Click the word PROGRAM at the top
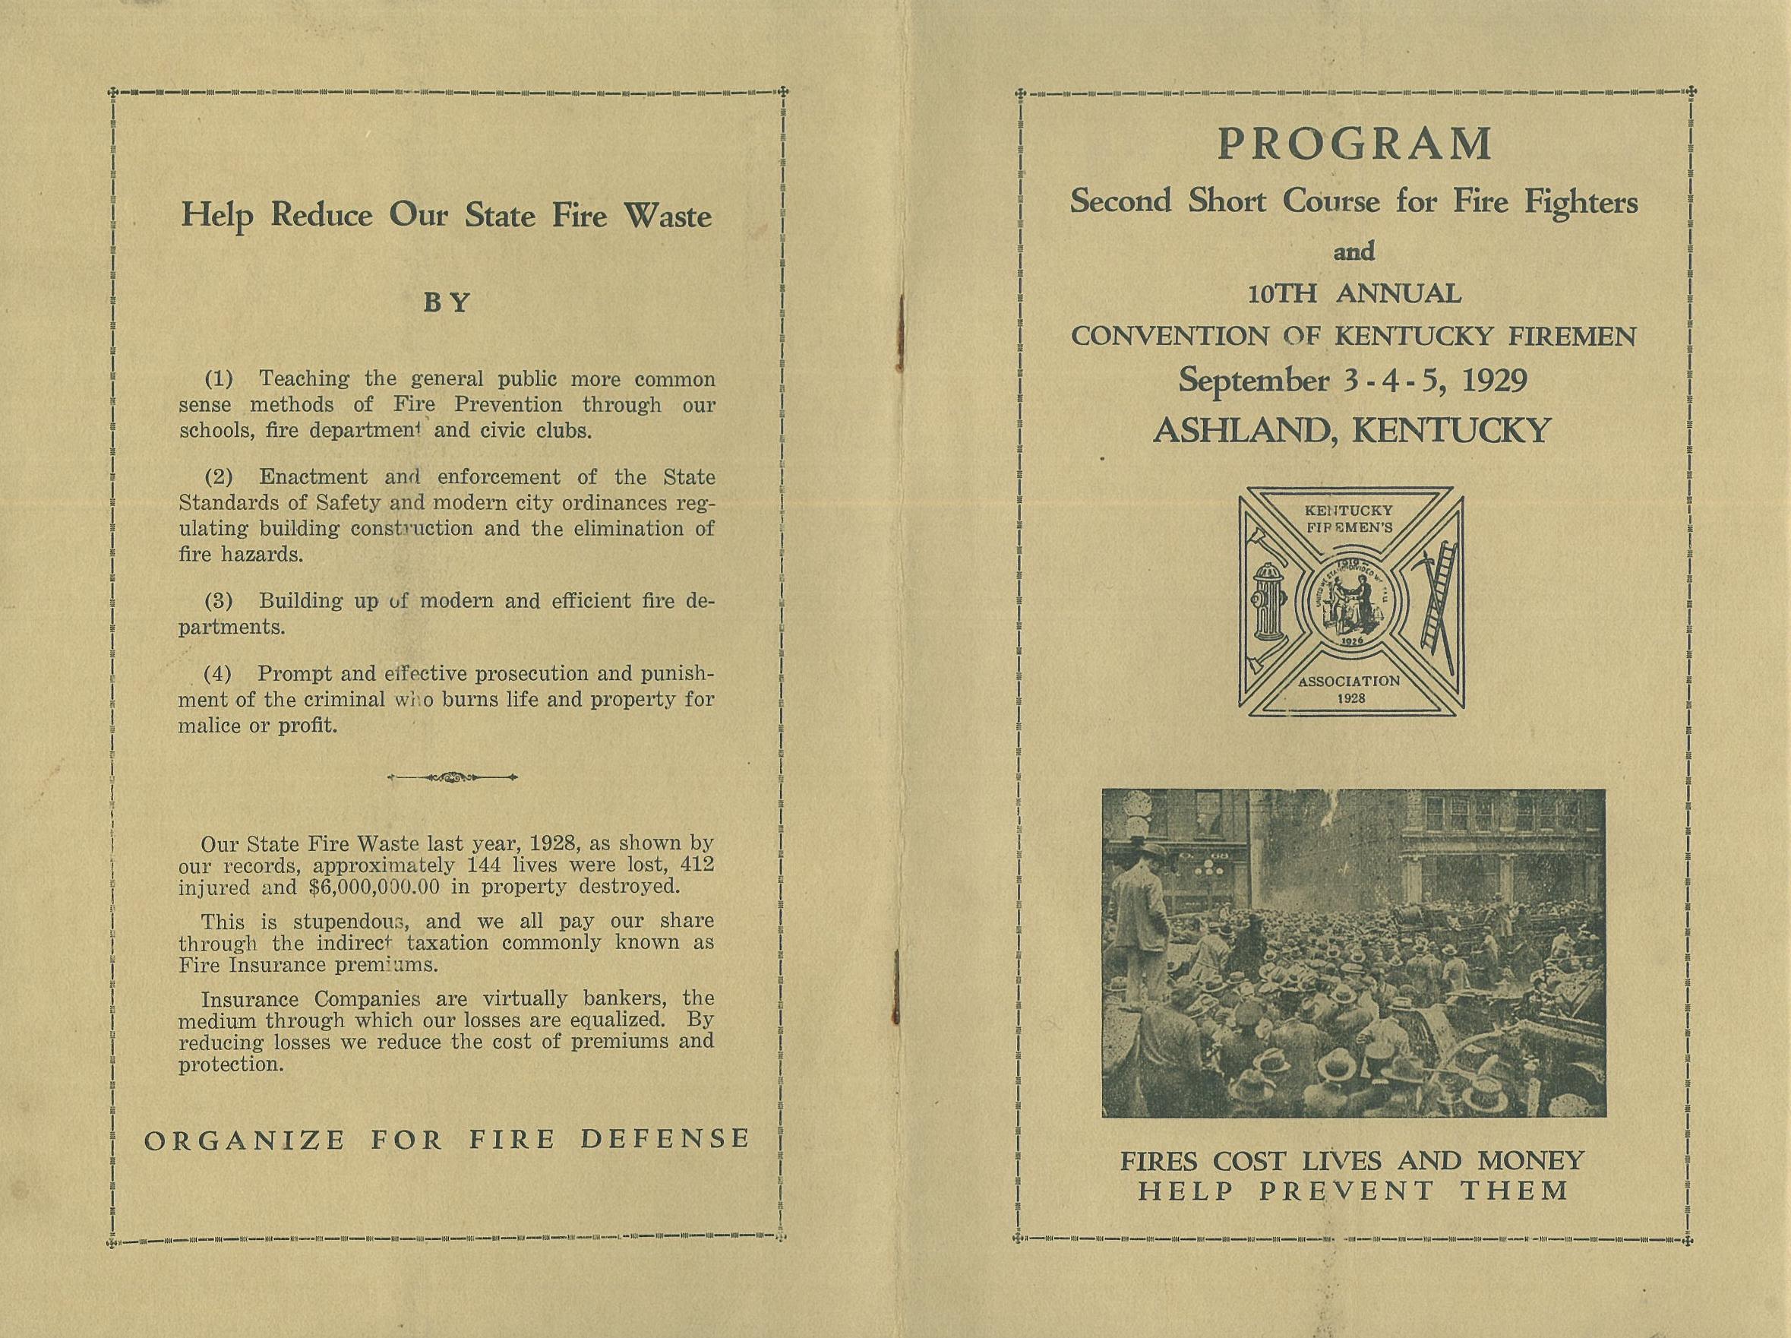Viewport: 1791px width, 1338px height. click(1354, 145)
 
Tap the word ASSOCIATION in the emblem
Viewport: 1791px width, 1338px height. click(1349, 681)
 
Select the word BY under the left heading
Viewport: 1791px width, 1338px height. click(447, 303)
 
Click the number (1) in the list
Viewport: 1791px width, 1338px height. click(218, 379)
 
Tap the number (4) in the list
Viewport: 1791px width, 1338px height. click(217, 674)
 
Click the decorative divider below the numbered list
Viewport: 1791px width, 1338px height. click(453, 777)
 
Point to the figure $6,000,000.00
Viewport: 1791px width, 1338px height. click(374, 886)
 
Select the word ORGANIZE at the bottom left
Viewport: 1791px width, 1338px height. click(245, 1140)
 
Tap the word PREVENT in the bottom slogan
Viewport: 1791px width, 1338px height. click(1347, 1191)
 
